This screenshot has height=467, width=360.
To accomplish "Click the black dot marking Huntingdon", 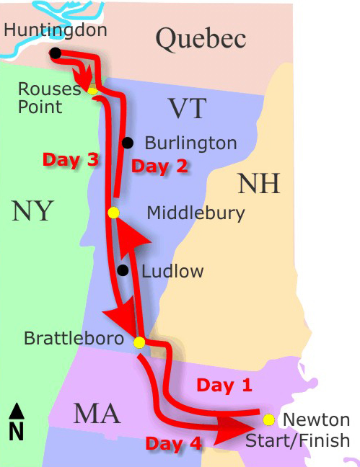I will (55, 53).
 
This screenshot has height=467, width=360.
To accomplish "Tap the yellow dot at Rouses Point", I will (92, 90).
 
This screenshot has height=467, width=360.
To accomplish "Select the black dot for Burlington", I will (128, 143).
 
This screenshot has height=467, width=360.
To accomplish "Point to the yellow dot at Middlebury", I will (113, 213).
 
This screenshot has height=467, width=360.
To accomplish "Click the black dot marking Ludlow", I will (123, 271).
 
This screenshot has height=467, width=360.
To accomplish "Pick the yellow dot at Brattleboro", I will (139, 342).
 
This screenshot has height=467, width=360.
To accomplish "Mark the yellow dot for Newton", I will (268, 419).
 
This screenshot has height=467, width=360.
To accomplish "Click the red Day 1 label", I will (224, 386).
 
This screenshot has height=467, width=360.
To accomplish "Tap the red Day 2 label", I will (159, 166).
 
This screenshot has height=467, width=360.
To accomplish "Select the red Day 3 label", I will (70, 160).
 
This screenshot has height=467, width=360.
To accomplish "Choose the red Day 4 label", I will (173, 444).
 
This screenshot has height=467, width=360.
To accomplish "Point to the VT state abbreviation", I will (187, 109).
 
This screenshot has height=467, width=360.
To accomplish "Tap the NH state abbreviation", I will (258, 184).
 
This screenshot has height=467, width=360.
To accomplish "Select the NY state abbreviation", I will (32, 211).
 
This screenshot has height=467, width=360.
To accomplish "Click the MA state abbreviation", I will (96, 414).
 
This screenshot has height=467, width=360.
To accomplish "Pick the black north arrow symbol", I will (17, 412).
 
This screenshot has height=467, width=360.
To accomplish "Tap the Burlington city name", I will (190, 143).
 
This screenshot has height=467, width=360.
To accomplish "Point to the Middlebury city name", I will (196, 213).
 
